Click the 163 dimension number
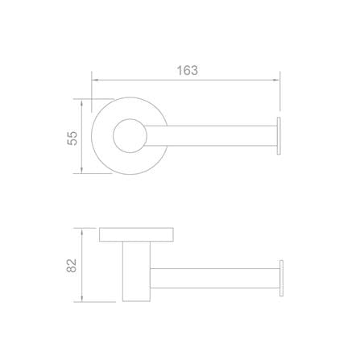click(188, 71)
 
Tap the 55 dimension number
click(72, 139)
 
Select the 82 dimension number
click(72, 266)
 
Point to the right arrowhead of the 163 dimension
click(276, 80)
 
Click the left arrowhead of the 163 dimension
click(96, 80)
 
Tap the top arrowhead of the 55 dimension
click(81, 103)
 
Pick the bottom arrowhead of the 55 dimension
click(81, 169)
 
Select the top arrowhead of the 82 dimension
click(82, 232)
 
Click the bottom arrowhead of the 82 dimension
click(82, 298)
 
